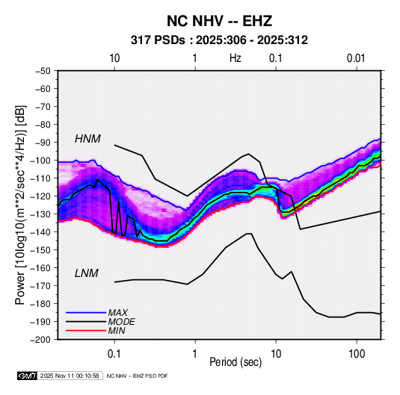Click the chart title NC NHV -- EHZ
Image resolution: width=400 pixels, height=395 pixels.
pos(219,21)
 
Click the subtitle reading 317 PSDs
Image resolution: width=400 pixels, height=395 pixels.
pos(158,40)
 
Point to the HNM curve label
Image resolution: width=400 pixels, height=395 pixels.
pos(87,139)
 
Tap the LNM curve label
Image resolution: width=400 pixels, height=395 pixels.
pos(86,273)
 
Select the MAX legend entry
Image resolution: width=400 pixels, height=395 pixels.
pos(118,312)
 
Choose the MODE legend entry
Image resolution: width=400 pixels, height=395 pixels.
pos(121,322)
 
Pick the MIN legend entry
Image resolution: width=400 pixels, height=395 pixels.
pos(117,331)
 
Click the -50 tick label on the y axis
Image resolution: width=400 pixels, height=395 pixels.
pos(43,71)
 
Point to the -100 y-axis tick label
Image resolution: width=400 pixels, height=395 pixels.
pos(40,161)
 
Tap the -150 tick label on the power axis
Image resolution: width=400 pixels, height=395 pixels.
pos(40,250)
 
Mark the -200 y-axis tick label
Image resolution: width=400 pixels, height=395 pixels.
pos(40,340)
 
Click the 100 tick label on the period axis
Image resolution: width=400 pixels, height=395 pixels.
pos(357,353)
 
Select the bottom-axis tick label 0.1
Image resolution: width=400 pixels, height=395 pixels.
pos(114,353)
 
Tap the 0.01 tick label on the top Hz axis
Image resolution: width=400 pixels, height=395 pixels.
pos(356,58)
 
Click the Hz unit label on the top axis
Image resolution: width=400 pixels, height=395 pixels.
pos(236,58)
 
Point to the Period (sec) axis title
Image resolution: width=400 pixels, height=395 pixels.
pos(236,362)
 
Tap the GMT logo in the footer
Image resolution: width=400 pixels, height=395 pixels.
pos(28,376)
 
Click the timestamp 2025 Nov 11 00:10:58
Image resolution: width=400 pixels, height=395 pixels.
pos(70,376)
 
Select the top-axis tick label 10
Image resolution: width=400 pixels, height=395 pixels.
pos(114,58)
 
